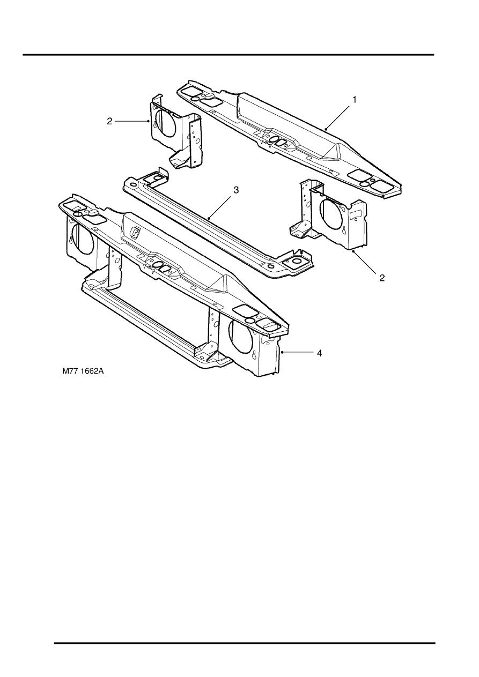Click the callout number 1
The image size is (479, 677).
(x=355, y=100)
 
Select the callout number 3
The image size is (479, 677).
(x=236, y=190)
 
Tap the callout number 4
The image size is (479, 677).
(x=319, y=353)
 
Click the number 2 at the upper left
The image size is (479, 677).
(x=109, y=121)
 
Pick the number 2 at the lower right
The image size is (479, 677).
(x=382, y=278)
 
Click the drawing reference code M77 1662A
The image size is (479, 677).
(x=83, y=371)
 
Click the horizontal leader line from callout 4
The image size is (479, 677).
(x=298, y=352)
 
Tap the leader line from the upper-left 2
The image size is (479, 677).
(x=132, y=121)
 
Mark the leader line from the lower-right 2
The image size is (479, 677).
(x=365, y=262)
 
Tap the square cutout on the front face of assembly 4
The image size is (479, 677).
(x=135, y=232)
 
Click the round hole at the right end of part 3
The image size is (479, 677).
(x=295, y=261)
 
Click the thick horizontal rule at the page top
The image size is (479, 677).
(x=229, y=55)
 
